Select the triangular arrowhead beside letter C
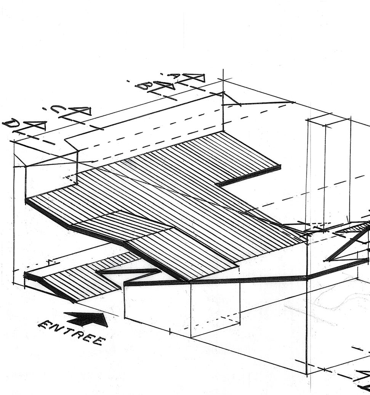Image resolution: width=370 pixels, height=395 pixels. point(80,111)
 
